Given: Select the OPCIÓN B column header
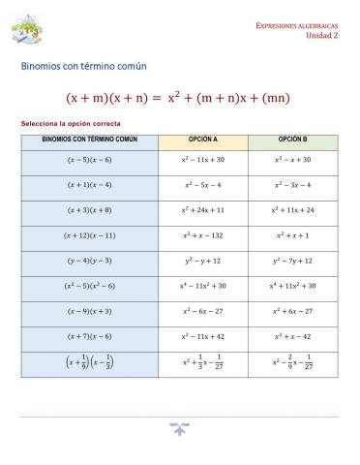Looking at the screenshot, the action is (293, 139).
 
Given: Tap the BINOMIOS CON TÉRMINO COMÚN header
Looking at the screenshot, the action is (90, 139).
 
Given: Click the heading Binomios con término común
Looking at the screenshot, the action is (83, 67).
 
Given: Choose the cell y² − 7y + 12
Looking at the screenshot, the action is (293, 261).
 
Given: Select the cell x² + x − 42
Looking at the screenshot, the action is (293, 337).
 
